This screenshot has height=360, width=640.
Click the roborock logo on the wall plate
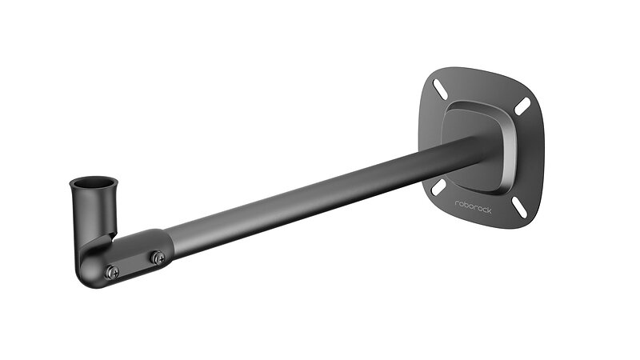pyautogui.click(x=474, y=206)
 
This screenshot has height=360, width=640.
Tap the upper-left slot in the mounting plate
pyautogui.click(x=441, y=89)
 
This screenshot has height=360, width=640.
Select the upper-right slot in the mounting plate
pyautogui.click(x=522, y=106)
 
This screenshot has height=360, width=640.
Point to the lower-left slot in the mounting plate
pyautogui.click(x=438, y=186)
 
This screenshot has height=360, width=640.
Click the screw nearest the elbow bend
pyautogui.click(x=113, y=272)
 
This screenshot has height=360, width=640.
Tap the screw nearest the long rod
pyautogui.click(x=158, y=258)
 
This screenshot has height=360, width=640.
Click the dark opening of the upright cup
pyautogui.click(x=94, y=181)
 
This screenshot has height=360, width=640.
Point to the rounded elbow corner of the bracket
pyautogui.click(x=89, y=274)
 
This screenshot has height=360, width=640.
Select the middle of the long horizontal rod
pyautogui.click(x=322, y=195)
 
